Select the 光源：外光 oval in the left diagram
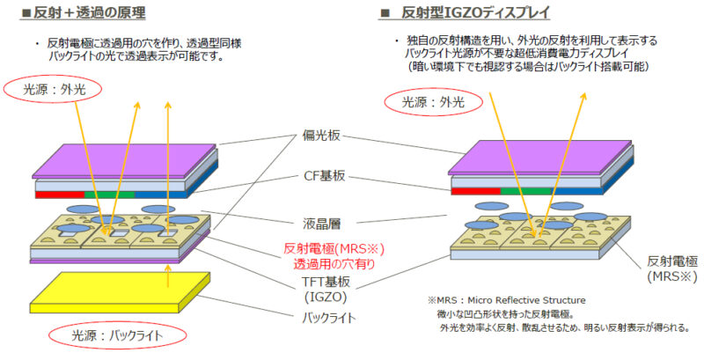pos(51,89)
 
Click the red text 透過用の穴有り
pos(327,262)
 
